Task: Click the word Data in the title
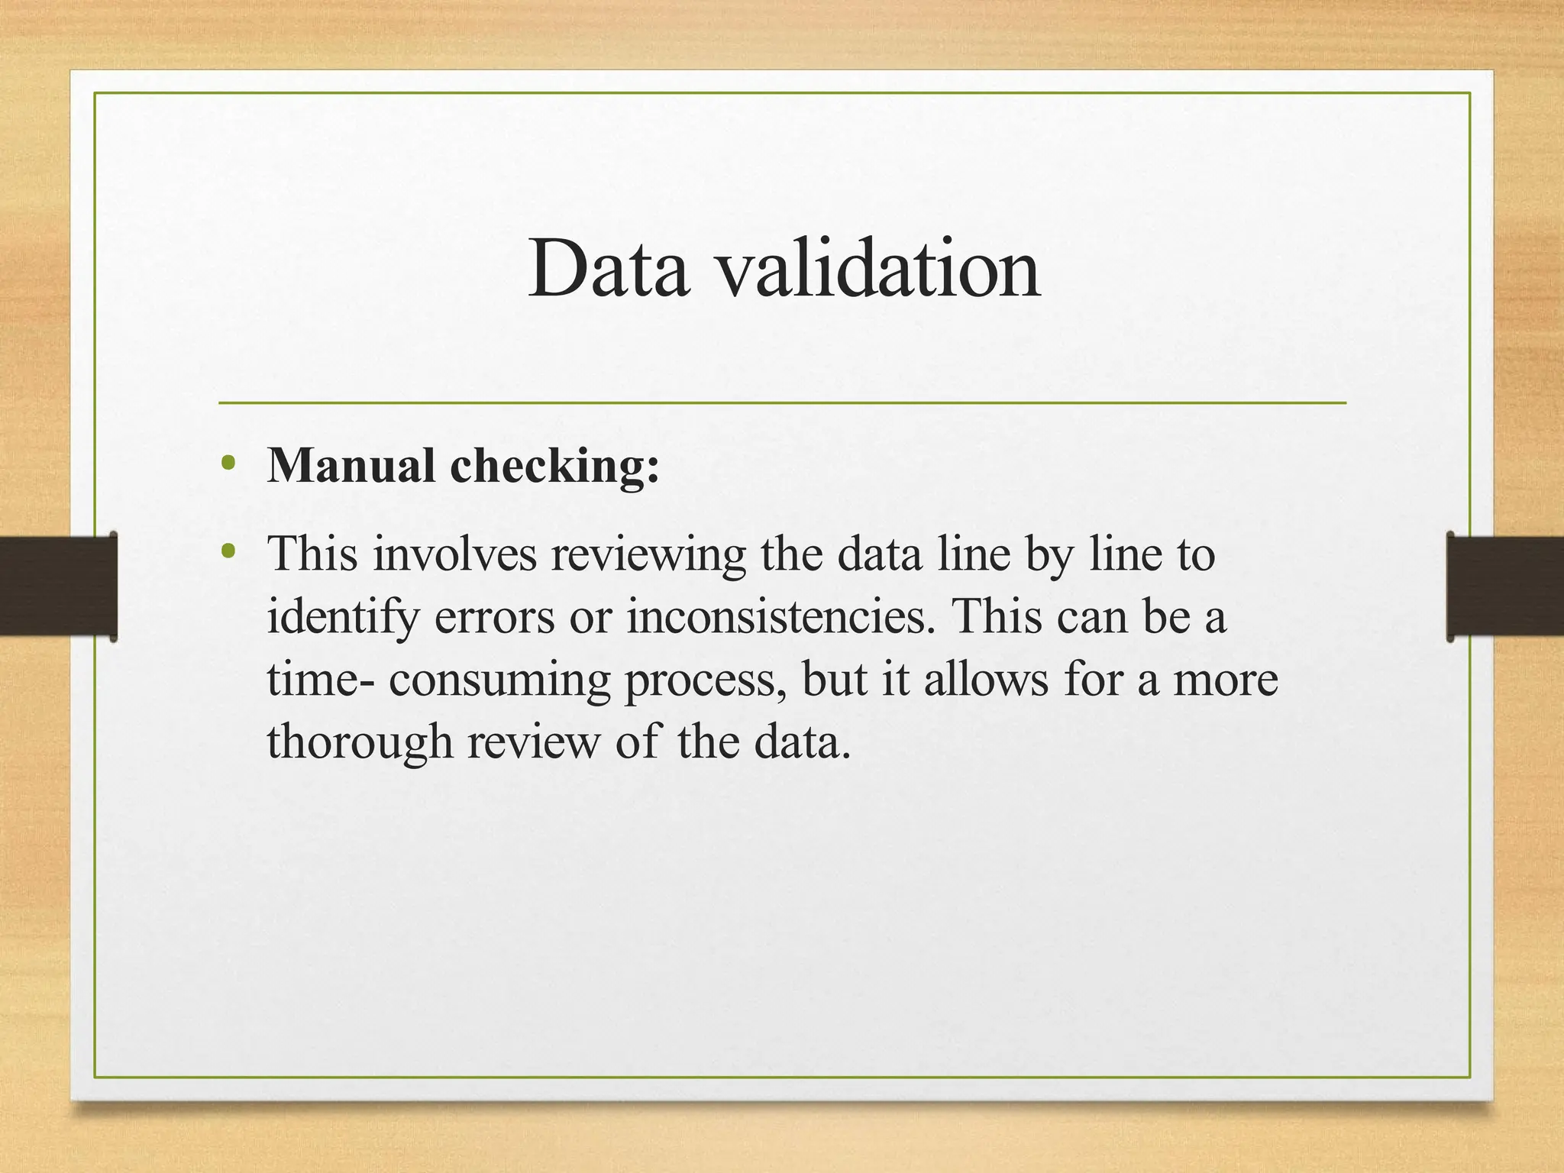609,269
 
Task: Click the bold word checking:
555,465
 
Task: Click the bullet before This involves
227,551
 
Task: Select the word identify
343,618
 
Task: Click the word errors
494,616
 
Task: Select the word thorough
359,742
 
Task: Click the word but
834,679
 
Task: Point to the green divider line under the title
782,402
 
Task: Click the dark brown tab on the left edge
58,586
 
